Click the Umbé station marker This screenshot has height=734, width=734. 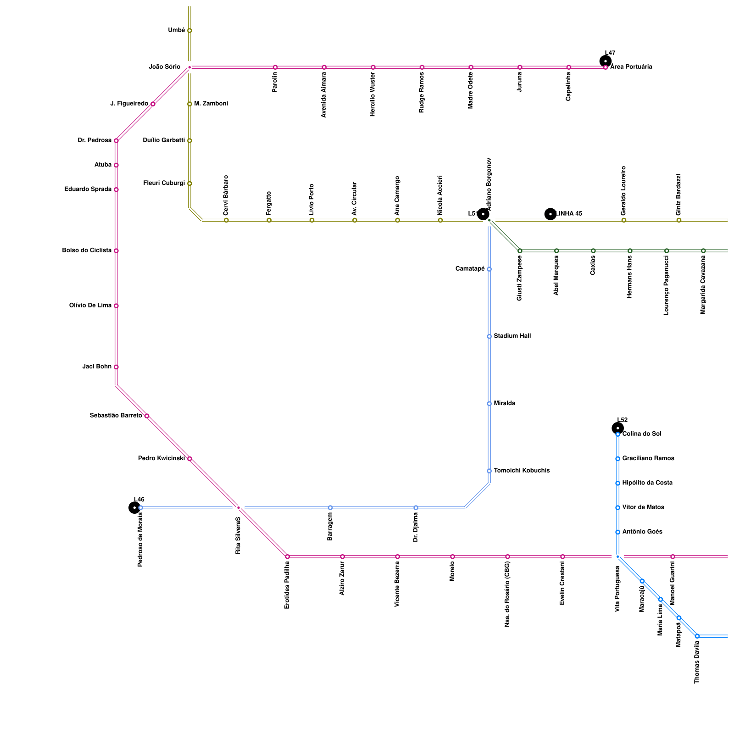(x=189, y=31)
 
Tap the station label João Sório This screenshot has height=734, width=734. (x=165, y=67)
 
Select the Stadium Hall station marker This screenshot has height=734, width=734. (x=489, y=336)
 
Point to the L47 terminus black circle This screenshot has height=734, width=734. (x=606, y=61)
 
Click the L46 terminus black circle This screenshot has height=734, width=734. (x=134, y=507)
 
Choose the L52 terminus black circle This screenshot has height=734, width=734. (x=618, y=428)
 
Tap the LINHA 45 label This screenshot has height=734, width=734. (x=569, y=214)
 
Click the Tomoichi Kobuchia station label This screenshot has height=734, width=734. (x=522, y=471)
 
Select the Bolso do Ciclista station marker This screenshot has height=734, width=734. (x=116, y=250)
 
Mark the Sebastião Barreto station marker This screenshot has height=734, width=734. (x=147, y=416)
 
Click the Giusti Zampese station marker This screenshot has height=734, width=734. (x=520, y=250)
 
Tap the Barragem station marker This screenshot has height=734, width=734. (x=330, y=507)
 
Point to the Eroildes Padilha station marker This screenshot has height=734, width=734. (x=288, y=556)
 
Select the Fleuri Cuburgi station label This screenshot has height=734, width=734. (x=164, y=183)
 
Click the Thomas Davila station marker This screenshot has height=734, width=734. (x=697, y=636)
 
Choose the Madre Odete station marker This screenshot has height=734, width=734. (x=471, y=67)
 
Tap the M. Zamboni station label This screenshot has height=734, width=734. (x=211, y=104)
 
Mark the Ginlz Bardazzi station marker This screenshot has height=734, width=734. (x=679, y=220)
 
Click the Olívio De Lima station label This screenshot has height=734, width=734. (x=90, y=306)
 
